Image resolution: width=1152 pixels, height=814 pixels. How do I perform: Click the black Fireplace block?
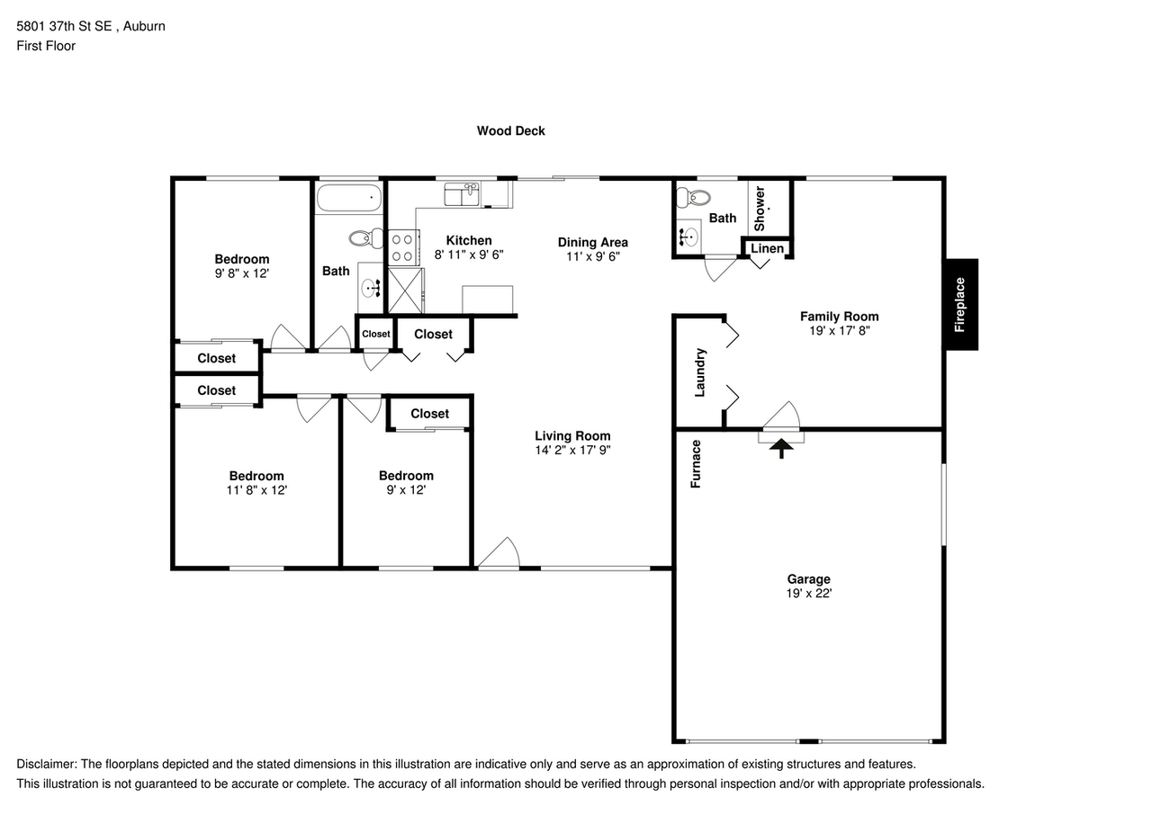[960, 304]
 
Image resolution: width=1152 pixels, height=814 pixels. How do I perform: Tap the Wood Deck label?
[510, 131]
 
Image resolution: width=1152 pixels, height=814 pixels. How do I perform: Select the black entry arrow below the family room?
[781, 448]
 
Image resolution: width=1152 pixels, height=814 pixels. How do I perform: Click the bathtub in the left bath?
[349, 197]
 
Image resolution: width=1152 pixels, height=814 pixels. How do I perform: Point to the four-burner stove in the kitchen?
[404, 247]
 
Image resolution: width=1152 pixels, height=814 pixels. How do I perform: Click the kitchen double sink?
[462, 194]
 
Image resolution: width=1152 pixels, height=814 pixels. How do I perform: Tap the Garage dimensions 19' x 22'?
[809, 594]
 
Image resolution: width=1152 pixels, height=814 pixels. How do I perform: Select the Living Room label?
[572, 435]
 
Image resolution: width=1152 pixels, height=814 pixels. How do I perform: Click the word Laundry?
[700, 372]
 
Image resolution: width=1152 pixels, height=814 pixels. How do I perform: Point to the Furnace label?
[696, 464]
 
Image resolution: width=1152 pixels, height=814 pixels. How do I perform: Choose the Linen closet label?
[768, 249]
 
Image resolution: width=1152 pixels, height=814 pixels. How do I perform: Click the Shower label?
[760, 208]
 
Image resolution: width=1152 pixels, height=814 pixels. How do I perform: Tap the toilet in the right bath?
[693, 197]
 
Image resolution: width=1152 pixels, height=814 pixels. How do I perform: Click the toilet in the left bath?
[366, 238]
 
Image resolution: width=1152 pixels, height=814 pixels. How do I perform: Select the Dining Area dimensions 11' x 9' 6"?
[593, 256]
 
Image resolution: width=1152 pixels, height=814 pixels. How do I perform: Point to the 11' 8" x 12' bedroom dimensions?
[256, 490]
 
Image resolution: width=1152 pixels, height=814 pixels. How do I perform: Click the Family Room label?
[840, 317]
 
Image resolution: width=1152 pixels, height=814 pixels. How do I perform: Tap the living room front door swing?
[499, 553]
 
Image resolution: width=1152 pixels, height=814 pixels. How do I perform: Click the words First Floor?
[46, 46]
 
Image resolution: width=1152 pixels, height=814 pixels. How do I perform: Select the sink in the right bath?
[688, 237]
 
